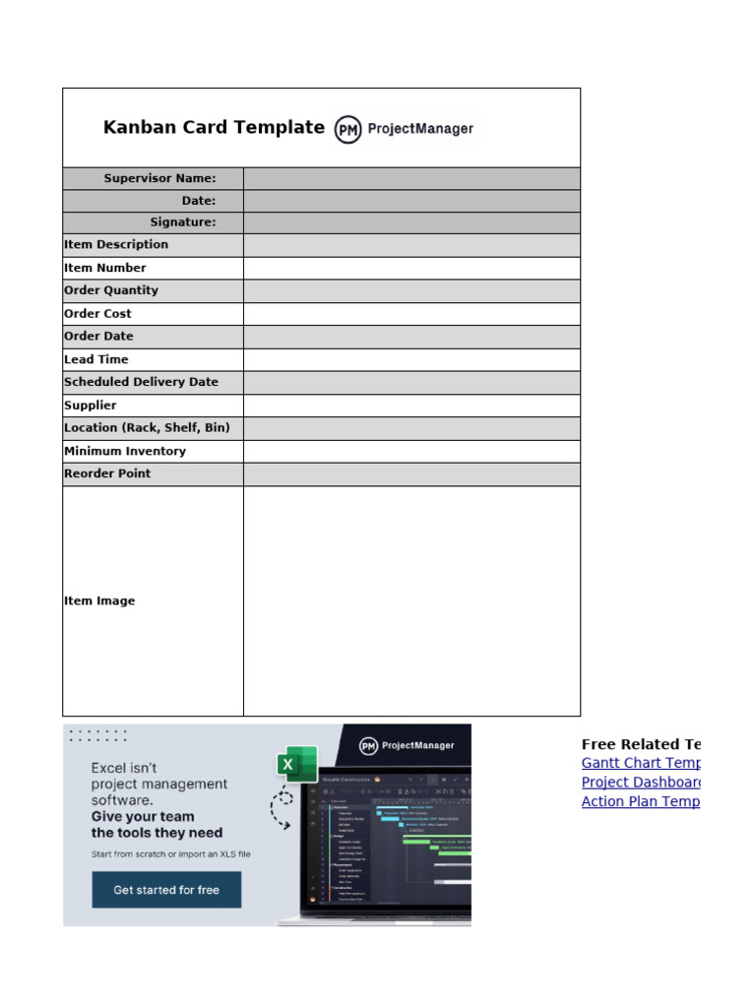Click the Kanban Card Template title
coord(214,127)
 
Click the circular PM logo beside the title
coord(347,129)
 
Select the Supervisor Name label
coord(159,178)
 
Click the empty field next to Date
coord(411,201)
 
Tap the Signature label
coord(182,222)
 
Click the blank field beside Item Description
coord(411,245)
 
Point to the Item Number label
coord(105,268)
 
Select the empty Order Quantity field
coord(411,290)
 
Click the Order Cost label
coord(97,314)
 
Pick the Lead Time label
coord(96,359)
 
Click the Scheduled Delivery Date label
coord(141,382)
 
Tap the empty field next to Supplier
coord(411,406)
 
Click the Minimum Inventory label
coord(125,451)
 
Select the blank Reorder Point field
coord(411,473)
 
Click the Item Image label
coord(99,600)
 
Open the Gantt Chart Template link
coord(640,763)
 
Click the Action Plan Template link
coord(640,801)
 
